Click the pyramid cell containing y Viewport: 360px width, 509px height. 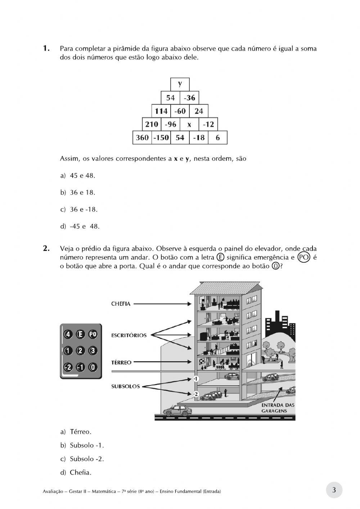[x=180, y=84]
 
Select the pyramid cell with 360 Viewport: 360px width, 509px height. [x=142, y=138]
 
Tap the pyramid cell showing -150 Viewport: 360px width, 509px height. [x=161, y=138]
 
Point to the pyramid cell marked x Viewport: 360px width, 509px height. [x=189, y=125]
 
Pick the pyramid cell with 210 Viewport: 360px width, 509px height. [x=152, y=125]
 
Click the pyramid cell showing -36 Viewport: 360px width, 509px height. [x=189, y=98]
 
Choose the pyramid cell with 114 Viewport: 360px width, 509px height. [x=161, y=111]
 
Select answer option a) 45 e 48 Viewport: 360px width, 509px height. [x=78, y=176]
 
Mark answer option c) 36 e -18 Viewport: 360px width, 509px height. [x=79, y=209]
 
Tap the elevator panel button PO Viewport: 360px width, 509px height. [x=93, y=334]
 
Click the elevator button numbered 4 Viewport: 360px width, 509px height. [x=67, y=334]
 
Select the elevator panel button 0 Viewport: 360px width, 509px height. [x=93, y=367]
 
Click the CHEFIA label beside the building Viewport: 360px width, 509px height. [x=121, y=304]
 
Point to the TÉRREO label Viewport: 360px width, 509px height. [x=121, y=362]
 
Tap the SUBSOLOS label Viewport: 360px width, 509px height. [x=125, y=387]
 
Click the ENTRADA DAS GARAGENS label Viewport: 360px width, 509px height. [x=278, y=407]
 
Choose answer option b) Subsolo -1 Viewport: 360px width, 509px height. [x=82, y=445]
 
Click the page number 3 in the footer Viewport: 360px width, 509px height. [x=334, y=490]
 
